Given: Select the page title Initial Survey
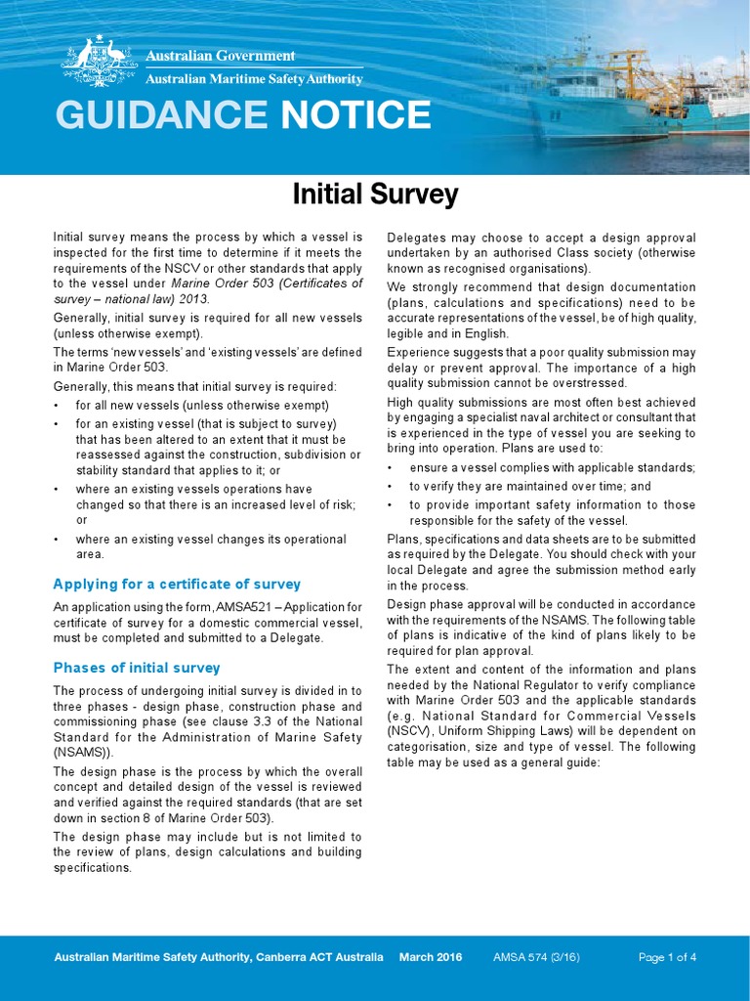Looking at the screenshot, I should pyautogui.click(x=375, y=195).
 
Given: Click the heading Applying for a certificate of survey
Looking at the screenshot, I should pyautogui.click(x=176, y=585).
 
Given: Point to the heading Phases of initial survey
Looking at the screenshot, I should pyautogui.click(x=137, y=668).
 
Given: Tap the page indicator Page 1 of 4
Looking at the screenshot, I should pyautogui.click(x=667, y=957).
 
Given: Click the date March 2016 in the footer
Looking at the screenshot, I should pyautogui.click(x=431, y=957).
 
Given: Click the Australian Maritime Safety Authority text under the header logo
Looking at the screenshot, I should pyautogui.click(x=254, y=79).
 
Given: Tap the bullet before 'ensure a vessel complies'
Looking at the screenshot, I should pyautogui.click(x=391, y=468).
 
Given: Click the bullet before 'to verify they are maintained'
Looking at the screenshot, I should pyautogui.click(x=391, y=487).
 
